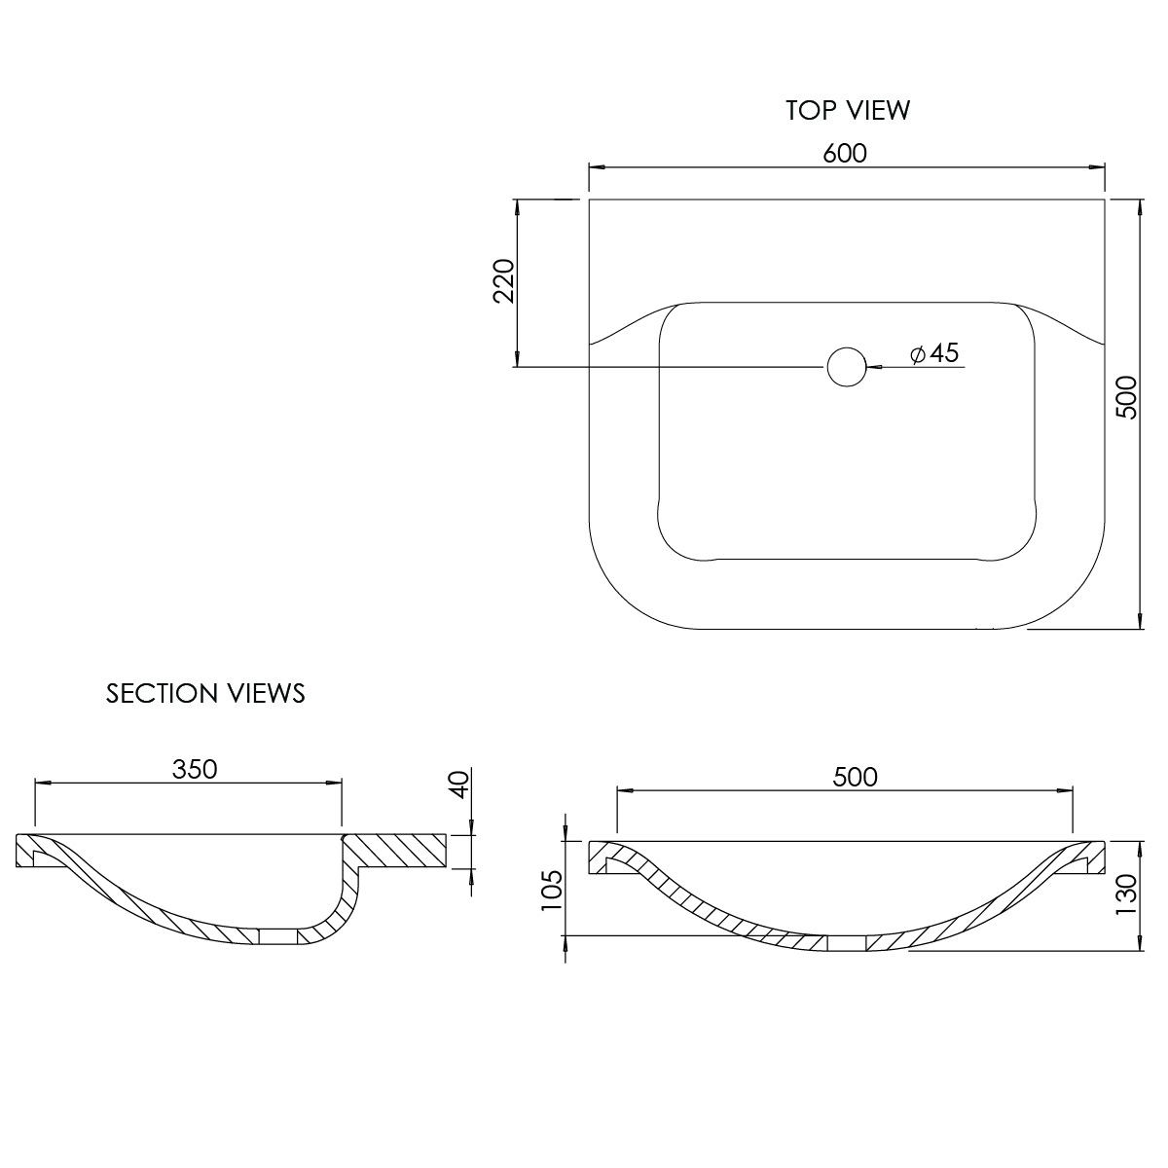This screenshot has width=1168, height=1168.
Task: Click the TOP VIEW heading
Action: pos(848,110)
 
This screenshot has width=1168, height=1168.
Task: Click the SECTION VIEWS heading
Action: pos(205,693)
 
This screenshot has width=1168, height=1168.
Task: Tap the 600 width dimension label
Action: pos(845,154)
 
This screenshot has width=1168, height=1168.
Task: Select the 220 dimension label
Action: pos(503,280)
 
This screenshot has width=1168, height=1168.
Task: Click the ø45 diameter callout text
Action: pos(934,352)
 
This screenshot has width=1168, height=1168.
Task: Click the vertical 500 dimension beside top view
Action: pos(1127,397)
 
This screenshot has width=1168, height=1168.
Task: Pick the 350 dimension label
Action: pos(195,769)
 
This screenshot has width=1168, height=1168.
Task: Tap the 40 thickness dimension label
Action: pos(459,785)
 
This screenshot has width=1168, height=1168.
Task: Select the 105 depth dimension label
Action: pos(552,891)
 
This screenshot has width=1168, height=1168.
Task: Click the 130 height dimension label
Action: pos(1127,894)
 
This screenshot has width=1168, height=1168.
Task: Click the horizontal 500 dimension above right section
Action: pos(855,777)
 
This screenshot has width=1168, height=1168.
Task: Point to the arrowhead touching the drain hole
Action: pos(874,367)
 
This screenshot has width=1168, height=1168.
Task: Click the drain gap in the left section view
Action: pos(277,936)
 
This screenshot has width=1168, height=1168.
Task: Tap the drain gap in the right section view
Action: pos(847,944)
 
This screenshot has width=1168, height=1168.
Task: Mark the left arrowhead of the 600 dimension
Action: pos(597,166)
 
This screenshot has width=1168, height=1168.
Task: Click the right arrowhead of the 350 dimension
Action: pos(334,784)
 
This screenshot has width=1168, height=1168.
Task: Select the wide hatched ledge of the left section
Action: pos(397,852)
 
